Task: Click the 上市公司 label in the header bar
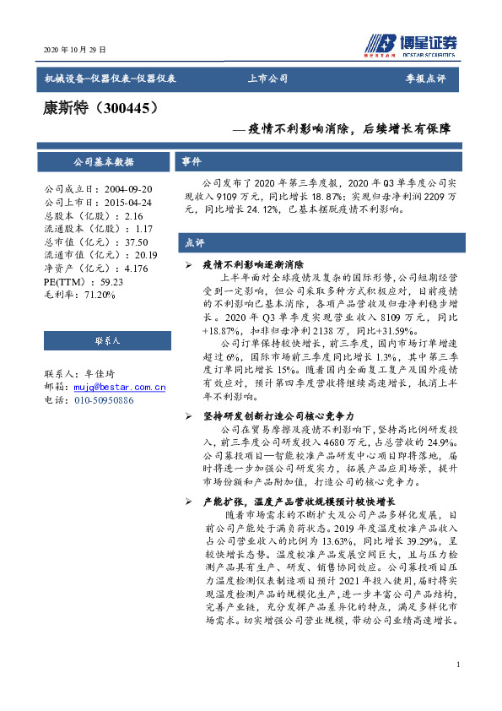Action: pos(267,79)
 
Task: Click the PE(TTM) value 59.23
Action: pos(111,281)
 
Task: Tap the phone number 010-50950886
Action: pos(104,399)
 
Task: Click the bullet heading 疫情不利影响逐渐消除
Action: pos(253,264)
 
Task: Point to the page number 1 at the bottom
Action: pos(457,665)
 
